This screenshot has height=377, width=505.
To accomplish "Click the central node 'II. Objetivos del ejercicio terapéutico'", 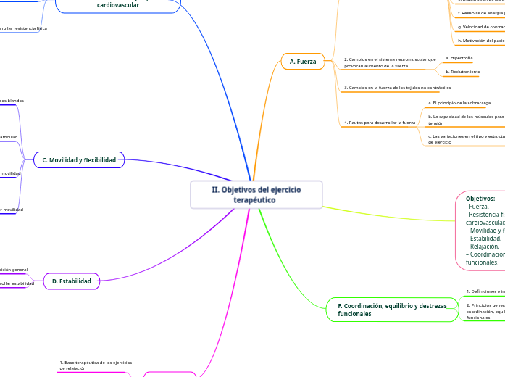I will click(x=256, y=194).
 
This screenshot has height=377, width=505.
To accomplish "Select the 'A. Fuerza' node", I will click(x=303, y=62).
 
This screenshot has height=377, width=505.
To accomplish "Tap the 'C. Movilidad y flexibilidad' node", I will click(x=80, y=159).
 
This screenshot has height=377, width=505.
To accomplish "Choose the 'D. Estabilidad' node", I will click(x=72, y=281).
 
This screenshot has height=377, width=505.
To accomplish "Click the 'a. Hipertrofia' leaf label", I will click(x=459, y=57).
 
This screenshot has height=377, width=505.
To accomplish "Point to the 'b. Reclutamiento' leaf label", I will click(x=463, y=72).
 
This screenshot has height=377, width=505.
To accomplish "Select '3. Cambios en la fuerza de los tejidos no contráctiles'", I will click(x=392, y=88).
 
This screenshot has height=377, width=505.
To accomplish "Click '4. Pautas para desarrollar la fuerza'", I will click(x=380, y=123).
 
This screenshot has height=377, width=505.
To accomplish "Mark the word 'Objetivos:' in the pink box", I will click(x=480, y=198).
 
